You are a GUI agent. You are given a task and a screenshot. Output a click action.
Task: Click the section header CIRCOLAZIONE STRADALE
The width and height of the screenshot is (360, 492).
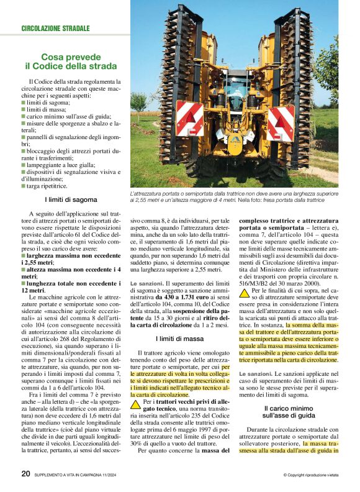pyautogui.click(x=55, y=29)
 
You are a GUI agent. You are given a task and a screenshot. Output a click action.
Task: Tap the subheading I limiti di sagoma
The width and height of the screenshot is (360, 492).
pyautogui.click(x=71, y=199)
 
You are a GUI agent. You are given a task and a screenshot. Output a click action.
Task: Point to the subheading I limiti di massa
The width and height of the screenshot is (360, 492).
pyautogui.click(x=179, y=339)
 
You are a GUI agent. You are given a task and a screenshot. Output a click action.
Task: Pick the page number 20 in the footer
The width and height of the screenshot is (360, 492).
pyautogui.click(x=25, y=473)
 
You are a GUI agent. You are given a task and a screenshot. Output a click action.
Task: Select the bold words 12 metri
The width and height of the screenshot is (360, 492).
pyautogui.click(x=34, y=290)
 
